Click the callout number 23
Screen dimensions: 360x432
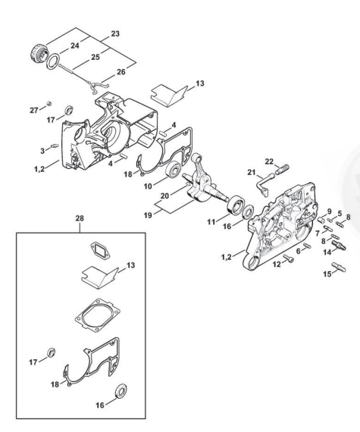point(115,33)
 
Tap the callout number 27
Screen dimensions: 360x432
point(34,110)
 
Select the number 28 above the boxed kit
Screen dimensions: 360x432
point(80,218)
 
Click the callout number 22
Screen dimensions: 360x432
point(269,161)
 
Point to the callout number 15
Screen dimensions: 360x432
point(327,274)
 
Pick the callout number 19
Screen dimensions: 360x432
point(148,215)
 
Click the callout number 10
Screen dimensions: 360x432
point(148,186)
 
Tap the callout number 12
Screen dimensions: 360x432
point(277,265)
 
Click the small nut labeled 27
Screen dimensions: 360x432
point(49,104)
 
